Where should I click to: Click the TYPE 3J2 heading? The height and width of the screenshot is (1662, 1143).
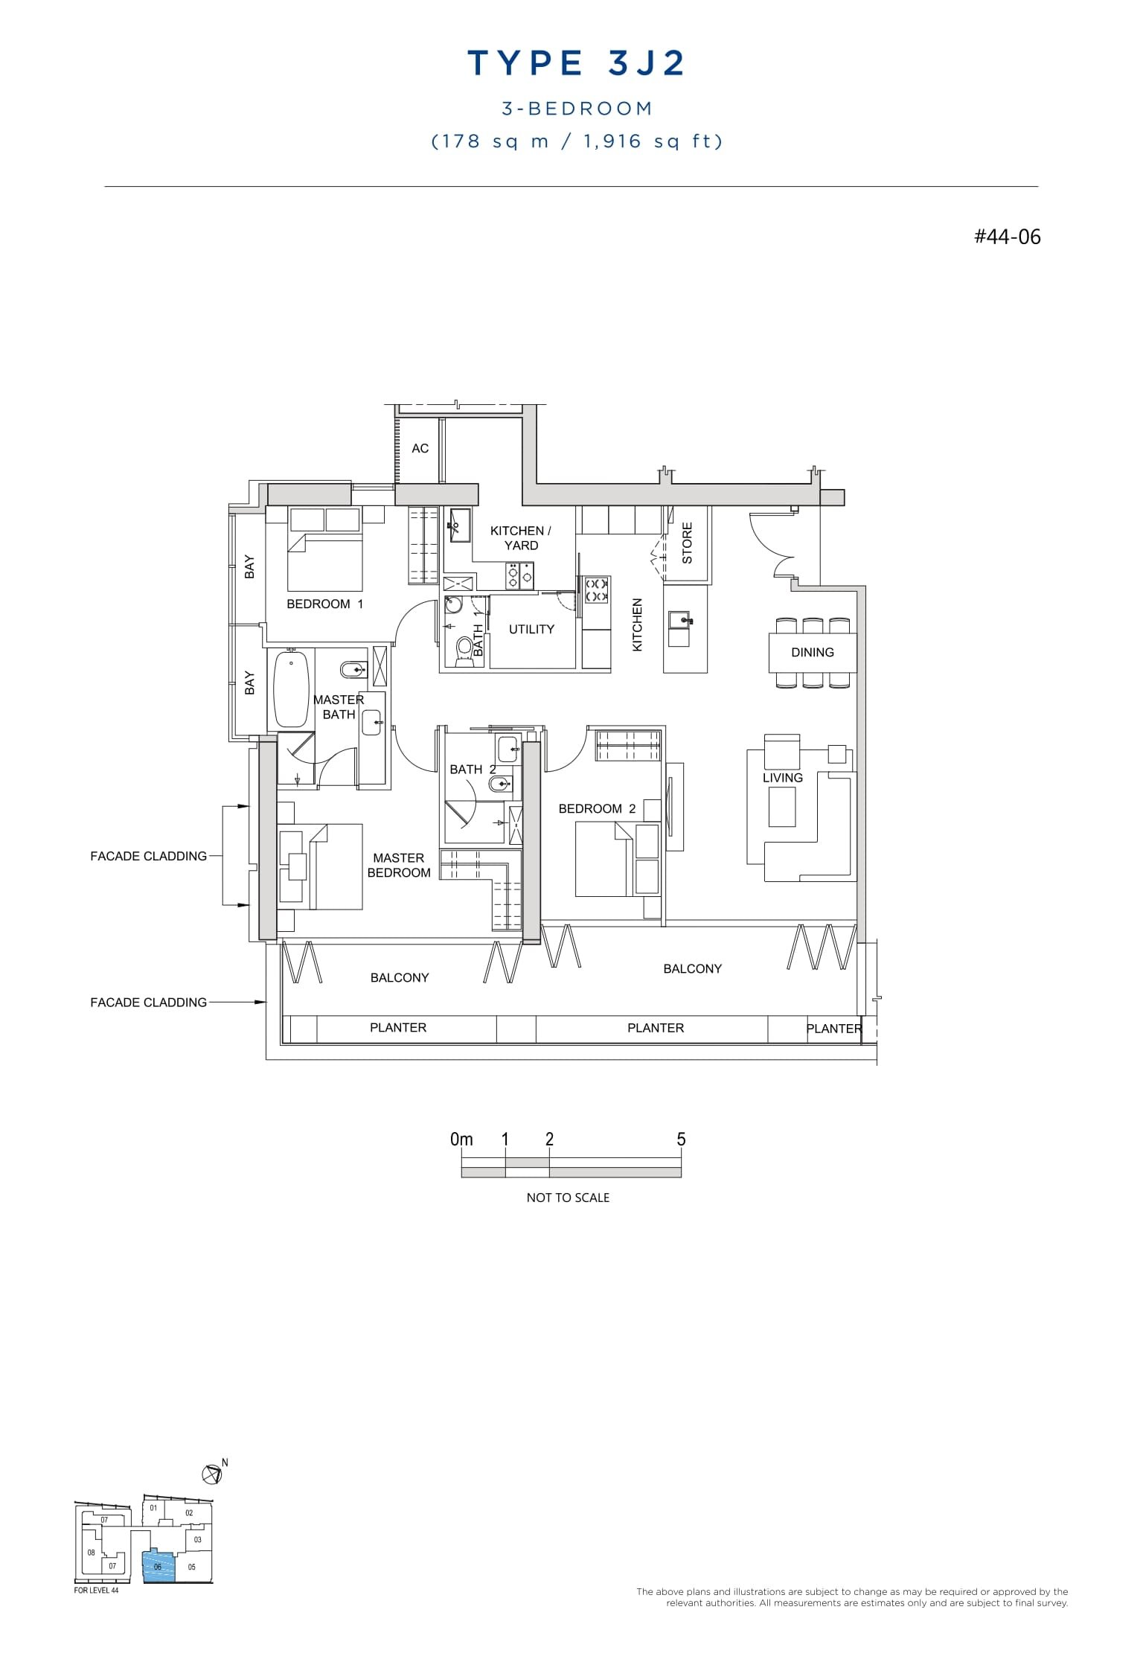tap(576, 64)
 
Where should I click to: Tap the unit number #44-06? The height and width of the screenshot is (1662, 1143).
tap(1007, 237)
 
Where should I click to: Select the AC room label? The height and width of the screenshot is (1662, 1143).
tap(420, 448)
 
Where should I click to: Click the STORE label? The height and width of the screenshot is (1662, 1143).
tap(687, 543)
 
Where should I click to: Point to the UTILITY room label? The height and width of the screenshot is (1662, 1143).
tap(531, 630)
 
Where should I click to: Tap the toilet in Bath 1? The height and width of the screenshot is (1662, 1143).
tap(464, 648)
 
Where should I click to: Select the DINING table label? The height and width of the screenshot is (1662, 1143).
tap(812, 653)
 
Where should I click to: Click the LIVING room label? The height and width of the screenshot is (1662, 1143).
tap(782, 778)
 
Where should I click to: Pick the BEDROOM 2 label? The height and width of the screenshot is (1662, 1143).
tap(597, 809)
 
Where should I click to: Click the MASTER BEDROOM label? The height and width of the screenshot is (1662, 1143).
tap(399, 866)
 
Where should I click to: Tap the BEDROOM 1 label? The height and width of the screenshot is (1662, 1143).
tap(324, 604)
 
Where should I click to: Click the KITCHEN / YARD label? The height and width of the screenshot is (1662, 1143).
tap(520, 538)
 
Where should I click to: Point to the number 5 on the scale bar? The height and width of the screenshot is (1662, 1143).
tap(681, 1140)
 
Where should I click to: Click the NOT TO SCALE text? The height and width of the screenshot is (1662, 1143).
tap(568, 1198)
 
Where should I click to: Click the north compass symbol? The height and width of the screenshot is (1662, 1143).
tap(212, 1473)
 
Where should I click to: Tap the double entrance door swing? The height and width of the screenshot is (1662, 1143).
tap(774, 547)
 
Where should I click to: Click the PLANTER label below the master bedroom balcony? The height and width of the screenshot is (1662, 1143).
tap(398, 1028)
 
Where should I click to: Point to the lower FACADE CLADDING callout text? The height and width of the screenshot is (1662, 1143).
tap(148, 1003)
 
